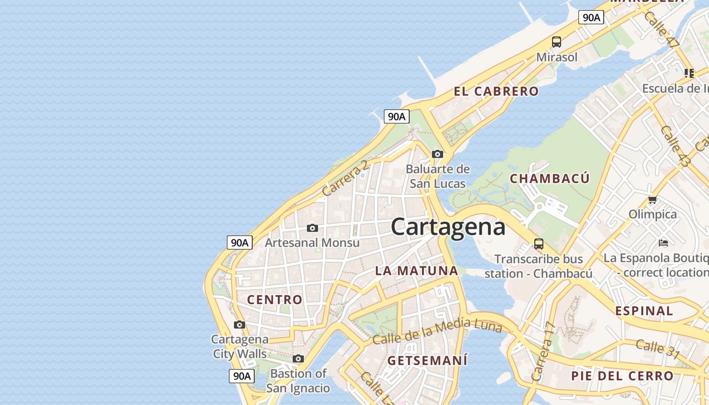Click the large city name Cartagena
448,226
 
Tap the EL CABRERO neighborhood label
496,92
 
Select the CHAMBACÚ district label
549,178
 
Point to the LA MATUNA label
416,270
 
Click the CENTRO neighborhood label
274,299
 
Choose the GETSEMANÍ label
427,360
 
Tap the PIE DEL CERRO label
622,376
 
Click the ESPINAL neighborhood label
644,310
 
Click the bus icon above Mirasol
557,42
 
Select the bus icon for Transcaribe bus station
539,244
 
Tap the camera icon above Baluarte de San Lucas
438,154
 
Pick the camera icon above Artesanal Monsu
312,228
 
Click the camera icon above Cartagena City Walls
240,325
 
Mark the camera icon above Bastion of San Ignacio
298,359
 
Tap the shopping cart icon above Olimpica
652,199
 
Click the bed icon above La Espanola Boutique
663,243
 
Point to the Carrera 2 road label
345,178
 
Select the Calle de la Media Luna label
437,331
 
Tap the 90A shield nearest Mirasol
591,17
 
